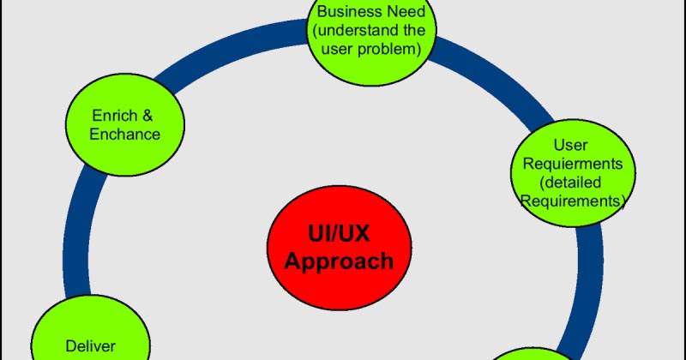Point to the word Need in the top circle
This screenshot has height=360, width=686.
click(405, 12)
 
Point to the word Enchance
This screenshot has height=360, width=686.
click(125, 134)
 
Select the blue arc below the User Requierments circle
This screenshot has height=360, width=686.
click(592, 283)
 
